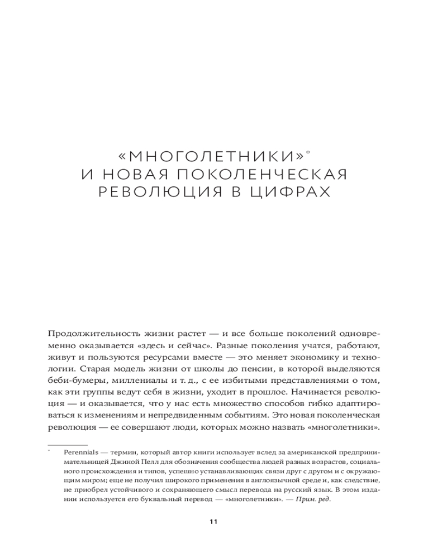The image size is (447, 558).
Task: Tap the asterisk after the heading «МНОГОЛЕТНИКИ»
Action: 309,149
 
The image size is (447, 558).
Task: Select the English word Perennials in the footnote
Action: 81,453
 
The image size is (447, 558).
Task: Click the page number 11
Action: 213,522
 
